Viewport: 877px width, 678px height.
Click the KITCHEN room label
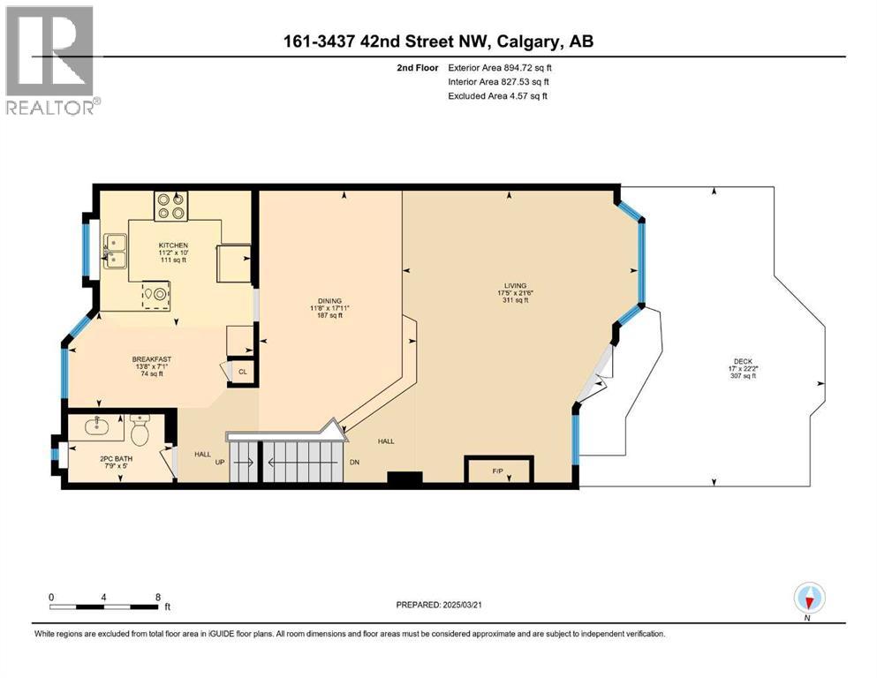(x=171, y=245)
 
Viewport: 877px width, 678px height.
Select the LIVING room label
(x=515, y=286)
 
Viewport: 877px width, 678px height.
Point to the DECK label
(x=743, y=361)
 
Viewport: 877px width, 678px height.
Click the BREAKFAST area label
(x=151, y=359)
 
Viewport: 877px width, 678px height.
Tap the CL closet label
(x=241, y=373)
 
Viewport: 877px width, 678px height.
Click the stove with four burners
(x=170, y=206)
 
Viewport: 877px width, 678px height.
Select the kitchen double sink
(x=115, y=251)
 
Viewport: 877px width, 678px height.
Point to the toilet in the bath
(x=140, y=432)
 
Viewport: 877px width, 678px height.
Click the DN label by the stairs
(x=354, y=462)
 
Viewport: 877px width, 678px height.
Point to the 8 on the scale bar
(x=157, y=597)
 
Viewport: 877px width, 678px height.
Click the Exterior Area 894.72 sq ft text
(x=503, y=67)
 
